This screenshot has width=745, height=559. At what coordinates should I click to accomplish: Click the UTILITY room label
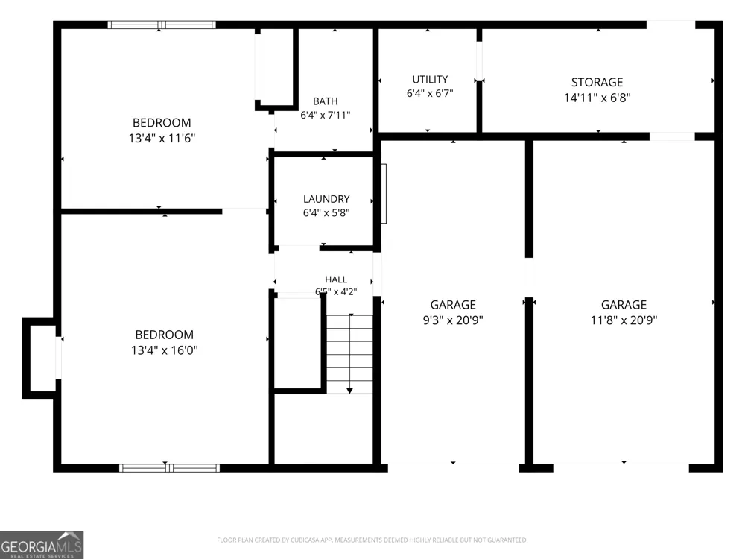pyautogui.click(x=430, y=80)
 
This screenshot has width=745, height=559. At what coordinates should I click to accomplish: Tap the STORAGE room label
pyautogui.click(x=597, y=82)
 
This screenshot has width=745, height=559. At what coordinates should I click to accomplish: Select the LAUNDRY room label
pyautogui.click(x=326, y=199)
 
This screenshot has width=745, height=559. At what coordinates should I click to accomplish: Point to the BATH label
pyautogui.click(x=326, y=101)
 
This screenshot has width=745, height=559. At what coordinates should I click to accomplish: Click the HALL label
pyautogui.click(x=336, y=279)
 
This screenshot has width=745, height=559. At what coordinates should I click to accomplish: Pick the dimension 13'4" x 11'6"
pyautogui.click(x=162, y=138)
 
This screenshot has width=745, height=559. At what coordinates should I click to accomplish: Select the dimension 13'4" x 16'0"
pyautogui.click(x=165, y=350)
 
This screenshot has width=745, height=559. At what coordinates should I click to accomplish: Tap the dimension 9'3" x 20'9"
pyautogui.click(x=453, y=320)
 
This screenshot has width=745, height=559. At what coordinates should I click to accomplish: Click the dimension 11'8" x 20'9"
pyautogui.click(x=624, y=320)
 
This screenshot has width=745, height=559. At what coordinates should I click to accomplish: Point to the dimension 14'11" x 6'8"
pyautogui.click(x=597, y=98)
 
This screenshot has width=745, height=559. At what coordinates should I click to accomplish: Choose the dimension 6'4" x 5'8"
pyautogui.click(x=326, y=212)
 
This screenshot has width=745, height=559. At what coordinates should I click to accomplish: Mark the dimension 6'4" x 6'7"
pyautogui.click(x=430, y=93)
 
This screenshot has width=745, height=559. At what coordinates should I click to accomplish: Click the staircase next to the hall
pyautogui.click(x=349, y=354)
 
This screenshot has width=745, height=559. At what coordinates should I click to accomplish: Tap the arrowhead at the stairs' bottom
pyautogui.click(x=349, y=391)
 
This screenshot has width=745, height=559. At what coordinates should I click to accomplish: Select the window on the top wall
pyautogui.click(x=162, y=25)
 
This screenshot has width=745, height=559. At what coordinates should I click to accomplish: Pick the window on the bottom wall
pyautogui.click(x=170, y=468)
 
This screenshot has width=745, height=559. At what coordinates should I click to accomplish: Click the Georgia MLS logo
pyautogui.click(x=42, y=546)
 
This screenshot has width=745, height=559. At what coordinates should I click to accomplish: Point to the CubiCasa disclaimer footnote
pyautogui.click(x=372, y=540)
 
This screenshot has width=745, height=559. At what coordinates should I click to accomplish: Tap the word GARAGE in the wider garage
pyautogui.click(x=624, y=305)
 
